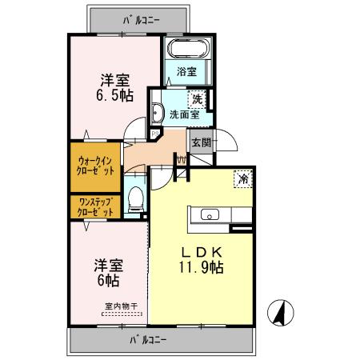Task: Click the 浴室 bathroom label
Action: [x=189, y=70]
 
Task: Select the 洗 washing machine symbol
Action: [x=197, y=100]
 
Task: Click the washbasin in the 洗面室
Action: [x=158, y=112]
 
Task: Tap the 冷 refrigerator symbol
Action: [x=239, y=178]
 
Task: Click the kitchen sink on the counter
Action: [x=210, y=214]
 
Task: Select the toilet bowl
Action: [x=134, y=198]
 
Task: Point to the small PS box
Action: [x=142, y=134]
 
